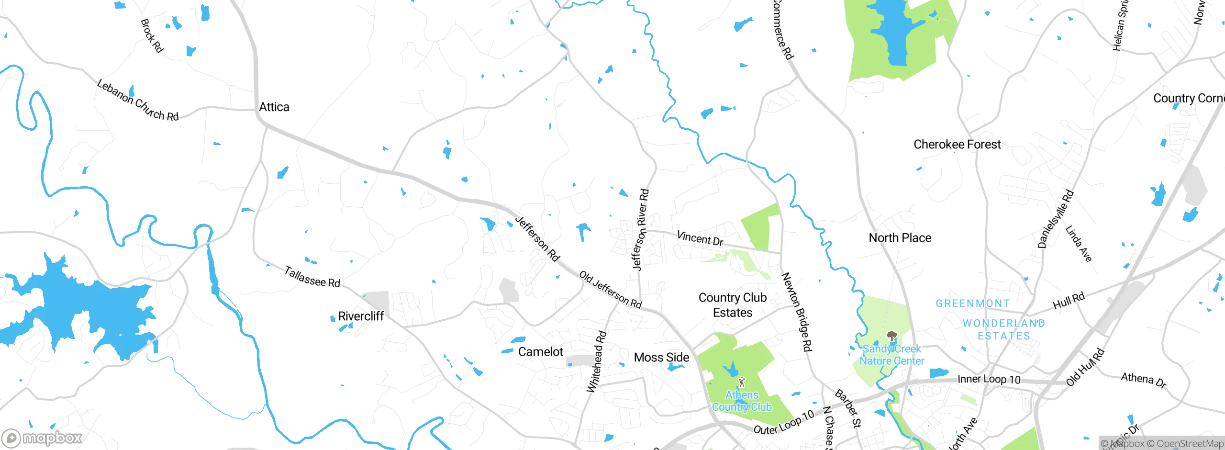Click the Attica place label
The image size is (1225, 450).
pos(274,107)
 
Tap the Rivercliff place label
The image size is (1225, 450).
pos(361,316)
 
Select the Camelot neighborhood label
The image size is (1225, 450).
pos(541,352)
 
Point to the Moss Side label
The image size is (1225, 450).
pos(661,357)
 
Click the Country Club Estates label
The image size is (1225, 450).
pos(733,305)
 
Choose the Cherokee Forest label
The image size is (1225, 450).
pos(957,144)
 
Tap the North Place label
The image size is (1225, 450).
pos(900,238)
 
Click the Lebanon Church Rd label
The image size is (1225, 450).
pos(138,101)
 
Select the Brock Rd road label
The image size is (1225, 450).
pos(152,35)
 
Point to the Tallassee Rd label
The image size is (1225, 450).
pos(312,277)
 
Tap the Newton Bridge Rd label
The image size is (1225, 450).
pos(797,312)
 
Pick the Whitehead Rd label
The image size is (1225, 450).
pos(597,362)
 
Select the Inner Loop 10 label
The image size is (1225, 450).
pos(989,379)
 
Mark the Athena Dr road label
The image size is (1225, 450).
pos(1144,380)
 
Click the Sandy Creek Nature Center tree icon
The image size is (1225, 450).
pos(891,336)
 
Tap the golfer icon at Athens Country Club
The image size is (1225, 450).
pos(742,382)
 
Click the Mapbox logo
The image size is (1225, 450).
pos(42,438)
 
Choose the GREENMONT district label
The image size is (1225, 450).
pos(973,304)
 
